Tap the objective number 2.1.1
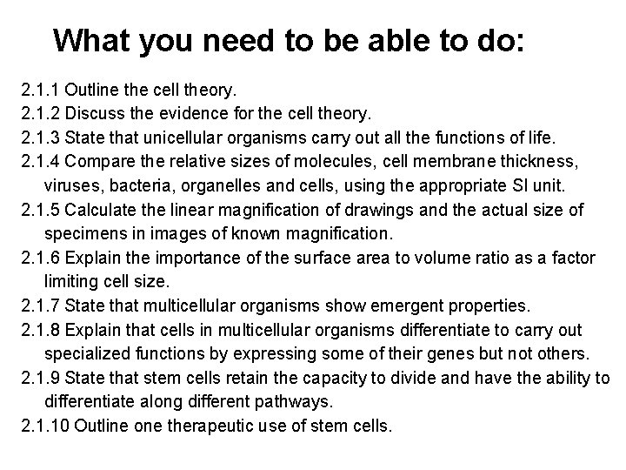pos(40,90)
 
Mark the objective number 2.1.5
pos(40,210)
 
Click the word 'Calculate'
pos(102,210)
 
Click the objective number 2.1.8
pos(40,331)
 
